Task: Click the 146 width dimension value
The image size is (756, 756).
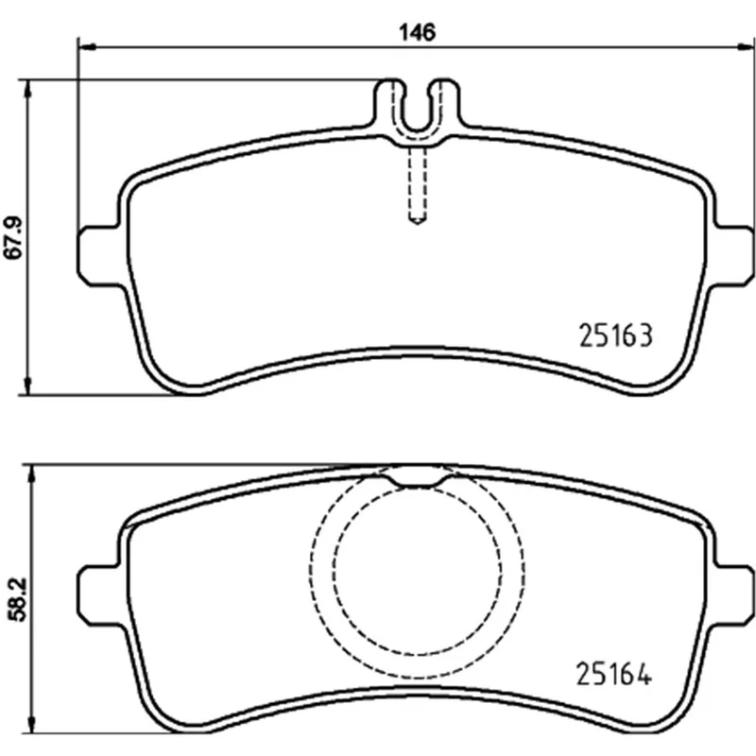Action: [x=417, y=32]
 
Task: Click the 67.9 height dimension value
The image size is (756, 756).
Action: [x=13, y=238]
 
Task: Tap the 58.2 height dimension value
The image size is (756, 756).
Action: [x=18, y=599]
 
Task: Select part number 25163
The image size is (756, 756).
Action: [x=616, y=335]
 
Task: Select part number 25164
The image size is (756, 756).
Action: [x=613, y=674]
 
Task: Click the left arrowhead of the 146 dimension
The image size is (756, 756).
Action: [x=87, y=46]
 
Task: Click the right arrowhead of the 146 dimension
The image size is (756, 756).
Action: [x=746, y=46]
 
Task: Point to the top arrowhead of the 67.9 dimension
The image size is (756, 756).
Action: [x=28, y=89]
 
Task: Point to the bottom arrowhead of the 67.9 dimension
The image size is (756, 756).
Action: [x=28, y=386]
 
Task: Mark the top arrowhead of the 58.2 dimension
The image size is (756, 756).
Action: [x=32, y=475]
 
